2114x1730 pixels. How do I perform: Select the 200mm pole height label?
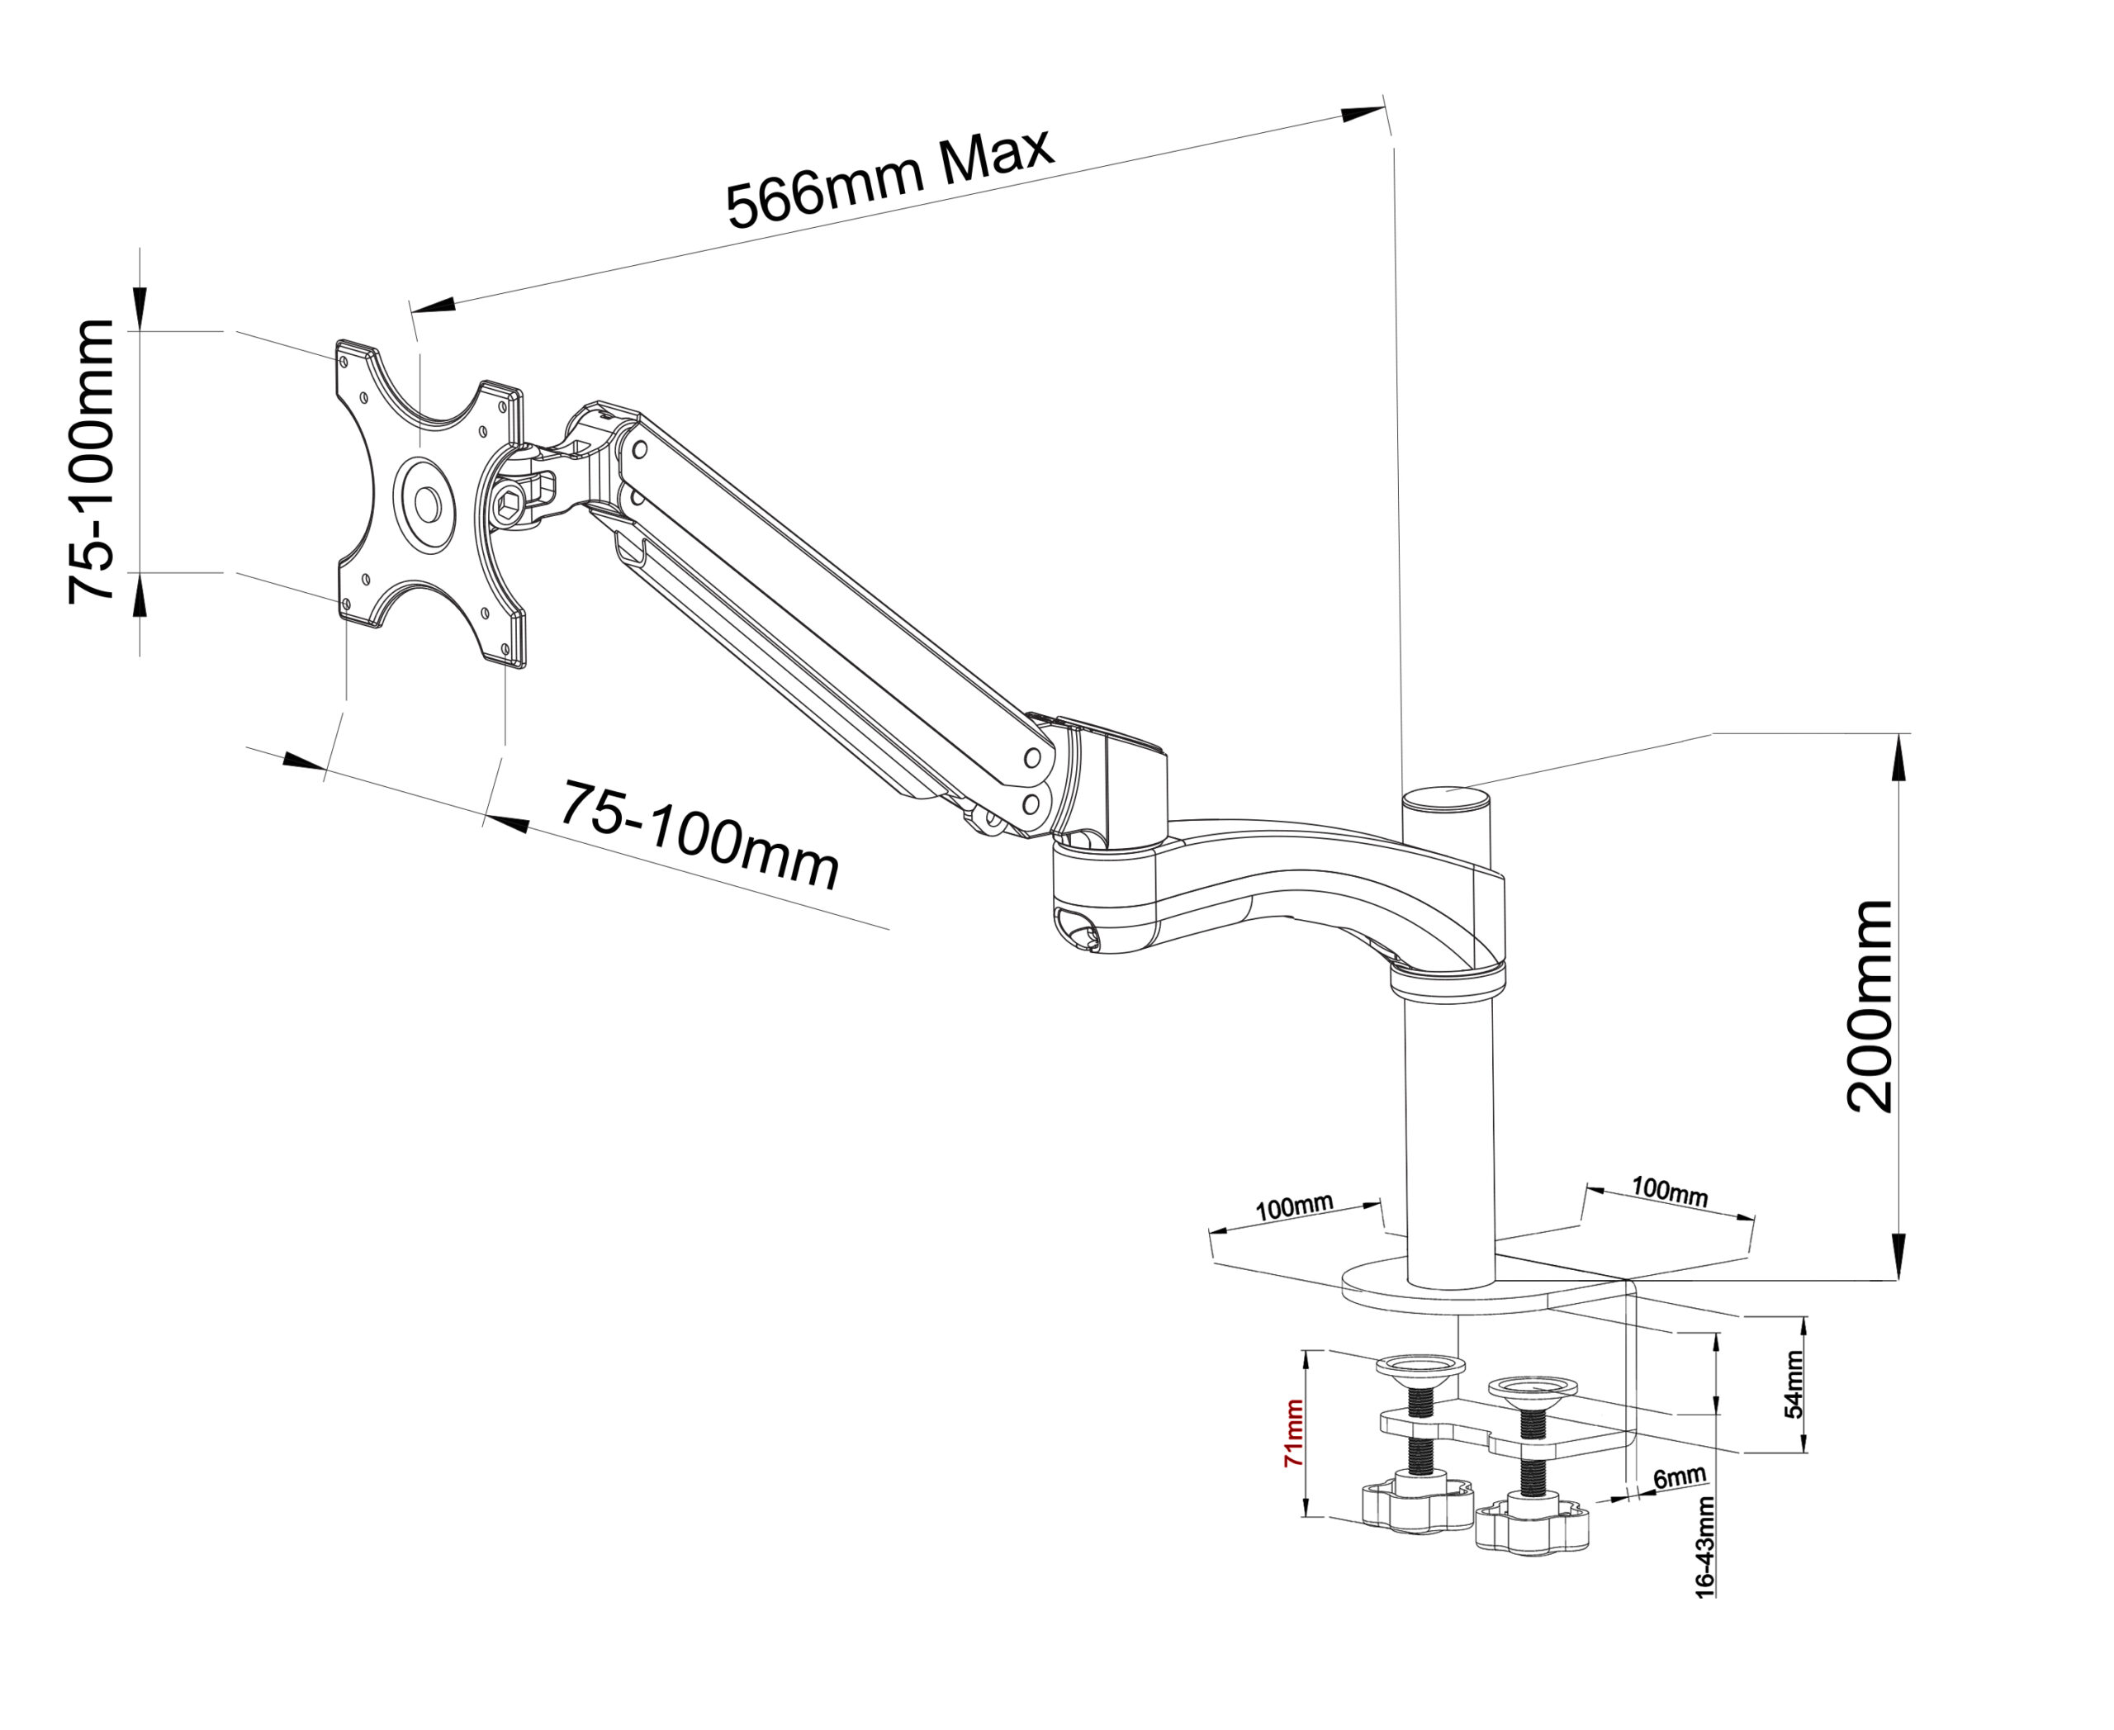click(1870, 1006)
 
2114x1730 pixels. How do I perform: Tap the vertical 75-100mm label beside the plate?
click(92, 461)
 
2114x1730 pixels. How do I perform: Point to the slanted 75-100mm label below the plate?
click(699, 837)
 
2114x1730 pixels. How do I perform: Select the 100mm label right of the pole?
click(1670, 1191)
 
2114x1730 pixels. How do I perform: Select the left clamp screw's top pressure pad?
click(1420, 1365)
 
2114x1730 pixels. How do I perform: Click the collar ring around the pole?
click(1448, 982)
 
